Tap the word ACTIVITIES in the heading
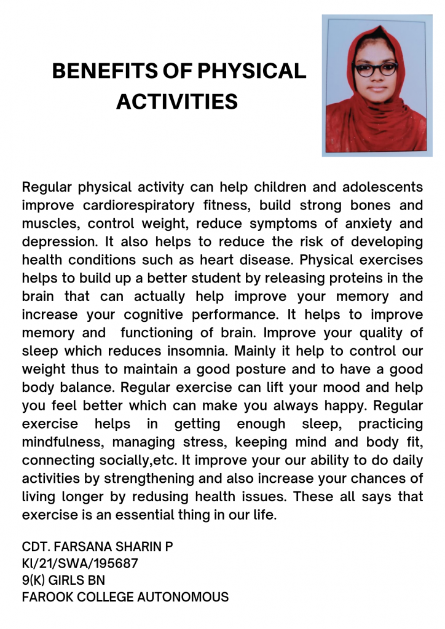(177, 101)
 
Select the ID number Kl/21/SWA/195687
(80, 563)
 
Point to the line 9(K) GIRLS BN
(63, 580)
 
